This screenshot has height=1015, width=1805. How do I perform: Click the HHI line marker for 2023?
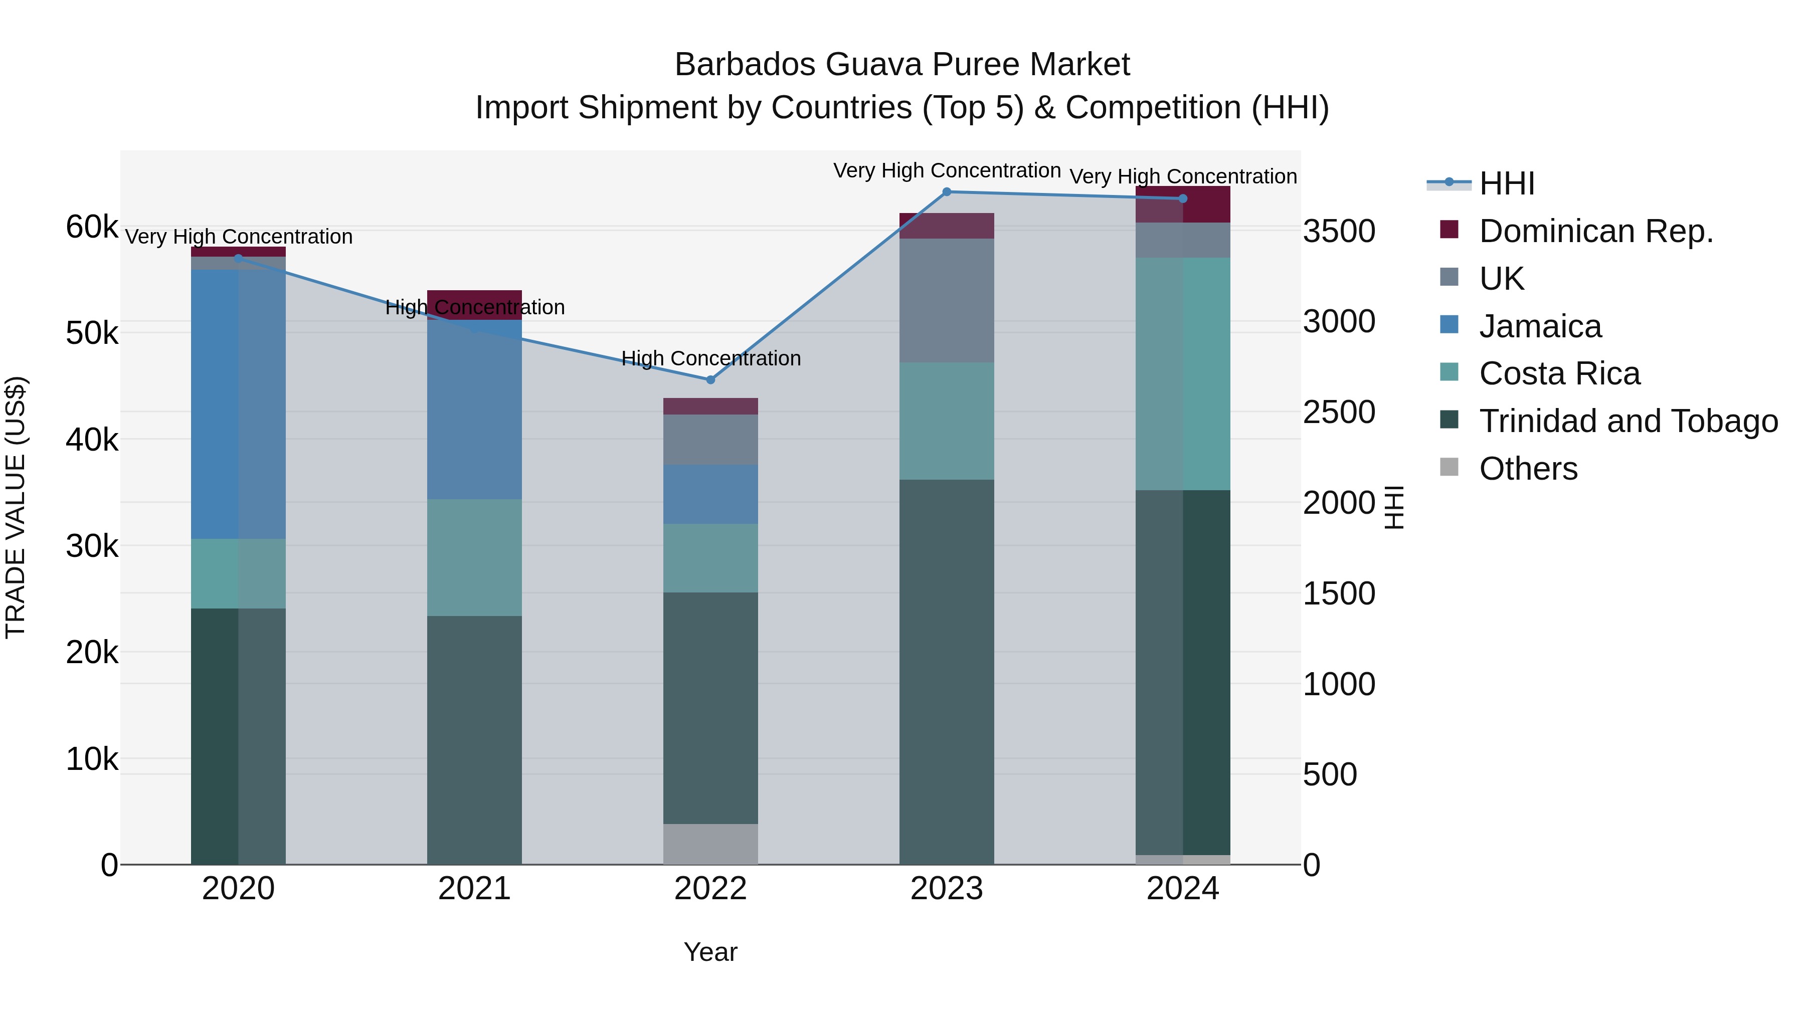947,192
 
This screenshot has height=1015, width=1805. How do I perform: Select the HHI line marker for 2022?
710,379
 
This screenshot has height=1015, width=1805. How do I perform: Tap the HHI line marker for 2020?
238,258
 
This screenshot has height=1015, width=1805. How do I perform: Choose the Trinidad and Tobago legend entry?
1627,421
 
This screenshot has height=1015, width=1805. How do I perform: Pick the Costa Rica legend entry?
1558,373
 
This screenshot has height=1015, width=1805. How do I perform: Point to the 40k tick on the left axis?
92,440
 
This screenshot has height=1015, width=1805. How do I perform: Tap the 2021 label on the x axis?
474,889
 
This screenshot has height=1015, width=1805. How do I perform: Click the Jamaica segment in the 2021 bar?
474,410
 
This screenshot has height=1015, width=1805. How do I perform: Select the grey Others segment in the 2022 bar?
710,844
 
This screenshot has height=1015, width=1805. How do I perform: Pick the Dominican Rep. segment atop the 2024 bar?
1183,205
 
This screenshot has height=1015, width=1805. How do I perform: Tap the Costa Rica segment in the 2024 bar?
1183,373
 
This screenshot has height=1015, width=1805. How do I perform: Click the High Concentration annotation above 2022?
710,359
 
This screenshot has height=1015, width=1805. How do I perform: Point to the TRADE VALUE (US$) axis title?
16,507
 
